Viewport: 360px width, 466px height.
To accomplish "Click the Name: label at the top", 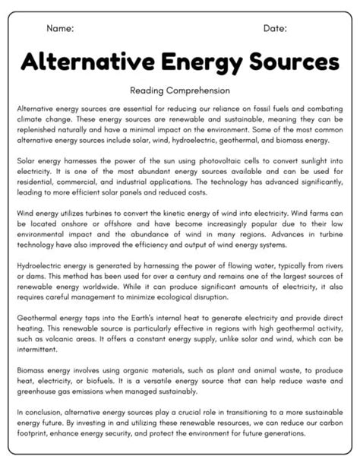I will [x=60, y=28].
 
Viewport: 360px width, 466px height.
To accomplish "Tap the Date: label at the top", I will [x=275, y=28].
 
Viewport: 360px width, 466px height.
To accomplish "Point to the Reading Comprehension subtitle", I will [x=180, y=90].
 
